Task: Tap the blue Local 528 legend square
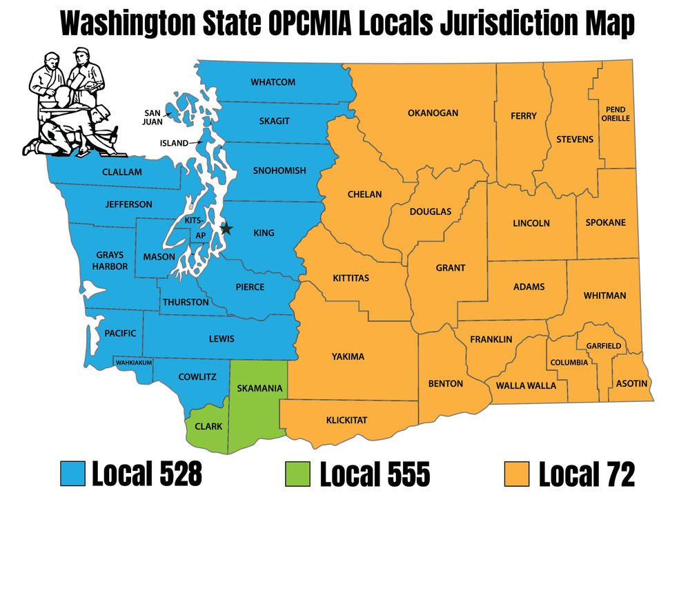[72, 474]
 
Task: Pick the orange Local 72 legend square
[516, 474]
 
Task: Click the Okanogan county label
[433, 113]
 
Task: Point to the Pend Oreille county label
[617, 114]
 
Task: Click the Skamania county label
[259, 389]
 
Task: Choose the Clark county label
[208, 426]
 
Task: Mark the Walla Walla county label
[526, 385]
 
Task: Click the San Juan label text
[153, 117]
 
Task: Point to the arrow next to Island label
[197, 142]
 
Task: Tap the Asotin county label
[631, 383]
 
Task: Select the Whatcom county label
[273, 82]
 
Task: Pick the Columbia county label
[569, 363]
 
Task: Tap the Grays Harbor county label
[111, 260]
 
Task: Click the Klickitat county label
[346, 420]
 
